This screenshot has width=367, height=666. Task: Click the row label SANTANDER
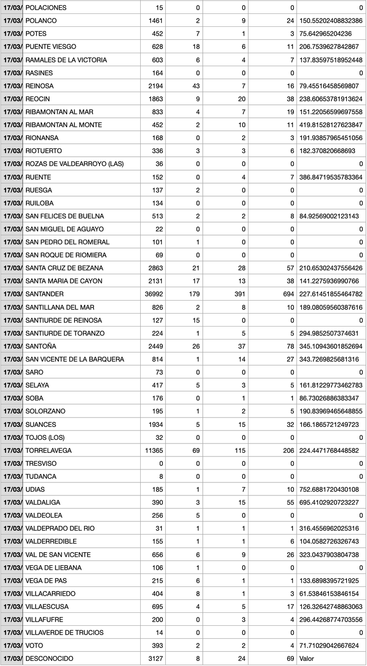point(44,294)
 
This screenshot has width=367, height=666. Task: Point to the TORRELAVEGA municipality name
point(49,450)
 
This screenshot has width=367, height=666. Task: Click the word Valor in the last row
point(307,659)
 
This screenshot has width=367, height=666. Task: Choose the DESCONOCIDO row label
point(49,659)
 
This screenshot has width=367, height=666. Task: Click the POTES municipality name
point(36,34)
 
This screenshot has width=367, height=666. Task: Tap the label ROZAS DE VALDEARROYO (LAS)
point(75,164)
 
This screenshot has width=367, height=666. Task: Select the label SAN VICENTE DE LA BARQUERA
point(75,359)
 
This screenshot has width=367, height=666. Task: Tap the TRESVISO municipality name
point(41,463)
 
